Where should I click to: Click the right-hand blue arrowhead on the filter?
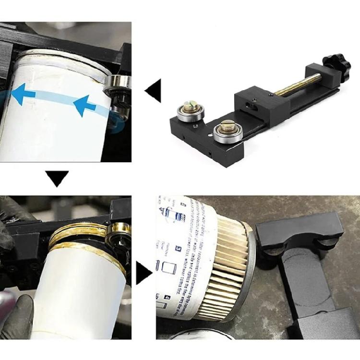(x=83, y=105)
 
